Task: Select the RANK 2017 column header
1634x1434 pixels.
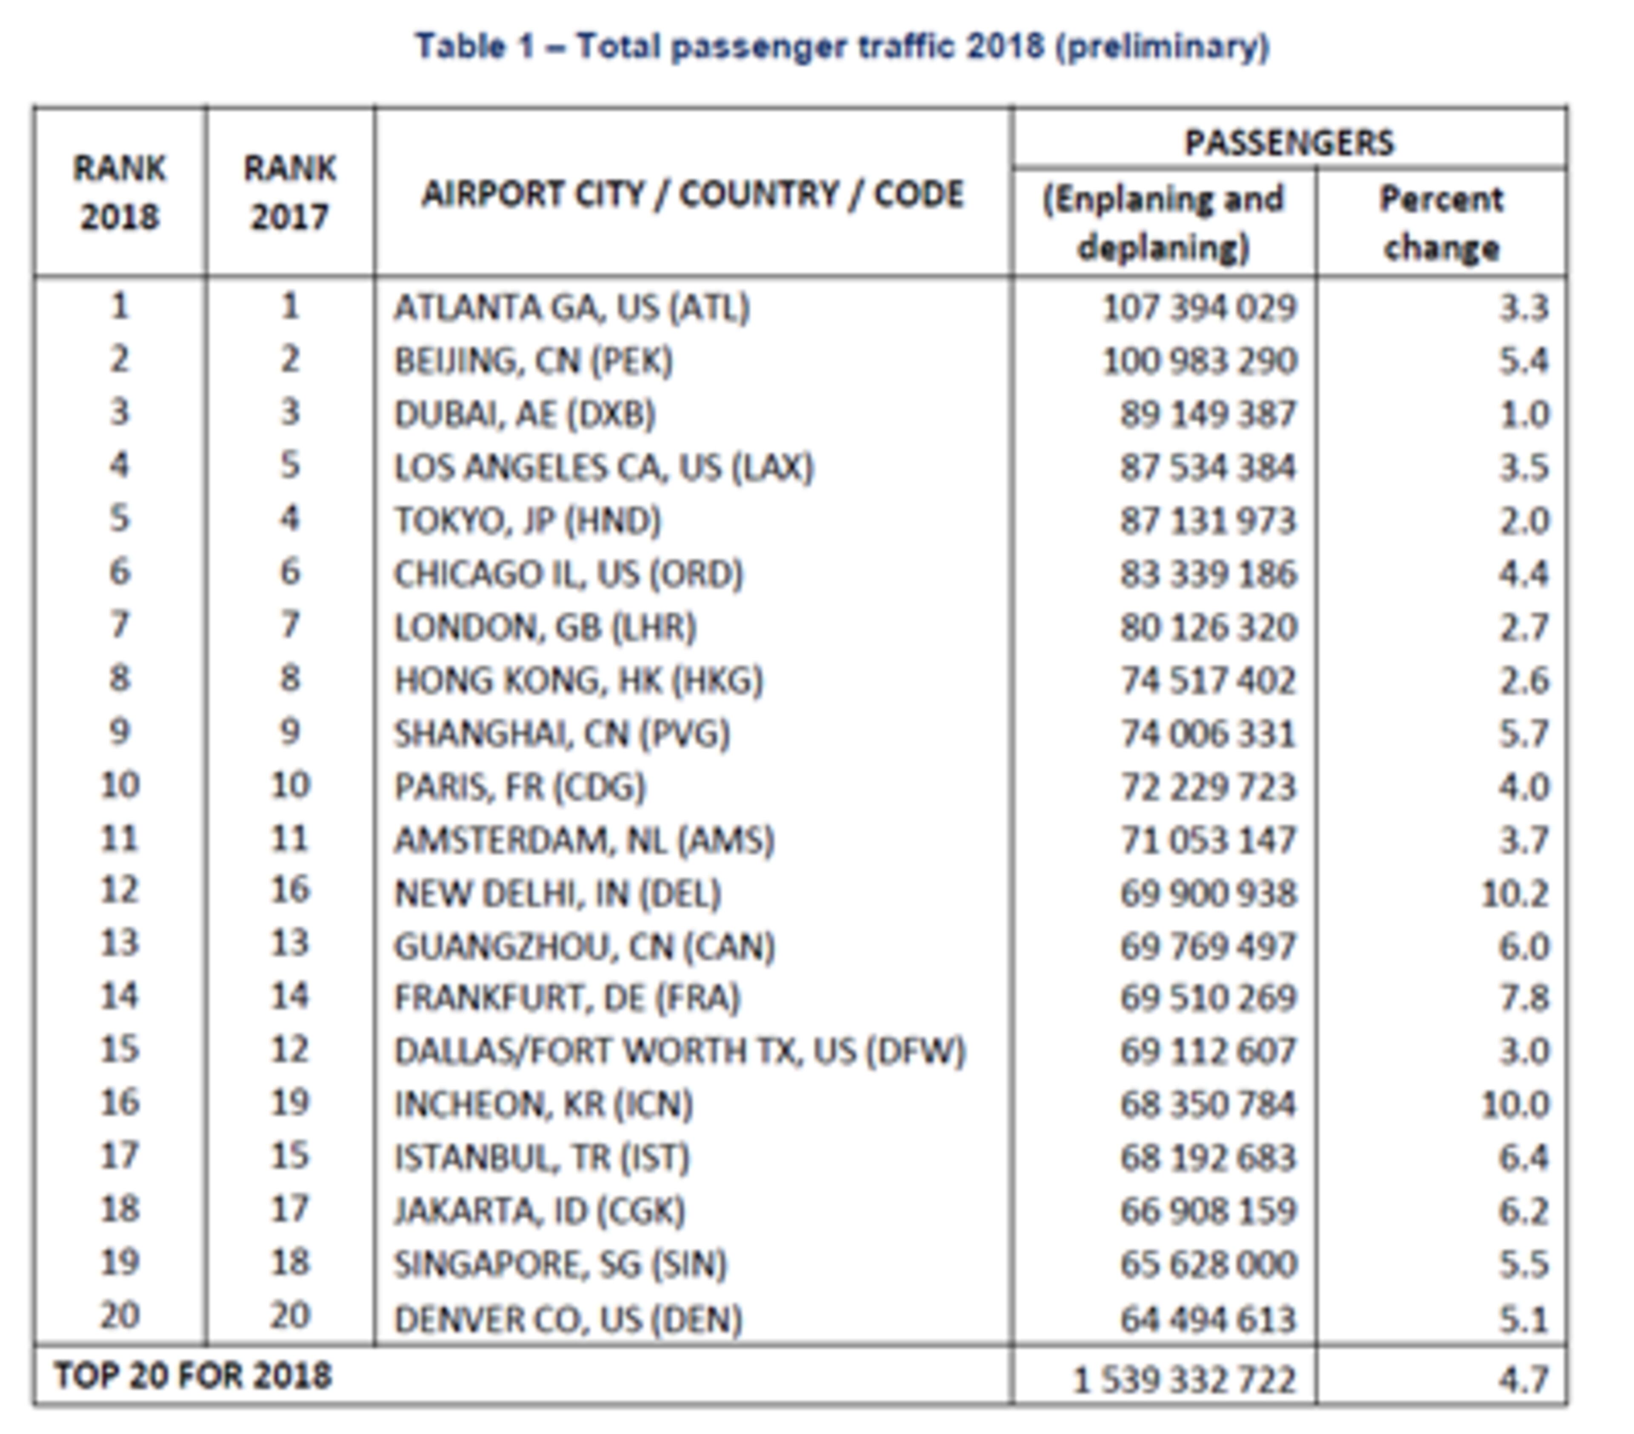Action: [289, 193]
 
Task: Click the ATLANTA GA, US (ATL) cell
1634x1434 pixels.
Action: [571, 308]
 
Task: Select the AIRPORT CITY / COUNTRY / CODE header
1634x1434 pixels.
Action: [692, 194]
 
